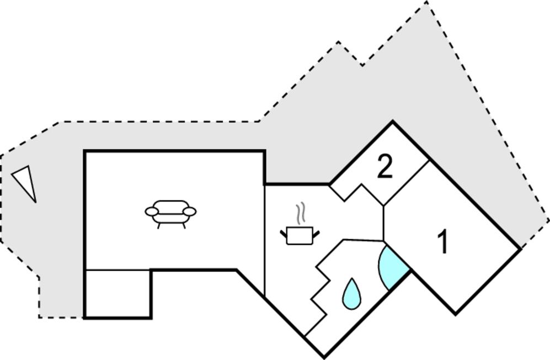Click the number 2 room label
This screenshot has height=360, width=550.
385,167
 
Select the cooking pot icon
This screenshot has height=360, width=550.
300,235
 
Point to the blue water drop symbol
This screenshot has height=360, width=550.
351,294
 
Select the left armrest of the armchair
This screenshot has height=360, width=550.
152,211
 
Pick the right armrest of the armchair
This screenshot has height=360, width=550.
190,211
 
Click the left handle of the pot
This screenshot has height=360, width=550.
284,233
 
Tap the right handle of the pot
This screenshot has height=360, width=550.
316,233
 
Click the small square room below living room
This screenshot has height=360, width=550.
118,294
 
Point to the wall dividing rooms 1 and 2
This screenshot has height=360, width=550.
407,183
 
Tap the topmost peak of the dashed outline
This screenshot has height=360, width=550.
426,2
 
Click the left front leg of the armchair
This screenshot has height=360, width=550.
158,226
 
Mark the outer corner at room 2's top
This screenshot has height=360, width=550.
393,121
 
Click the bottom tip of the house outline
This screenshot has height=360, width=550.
323,357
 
